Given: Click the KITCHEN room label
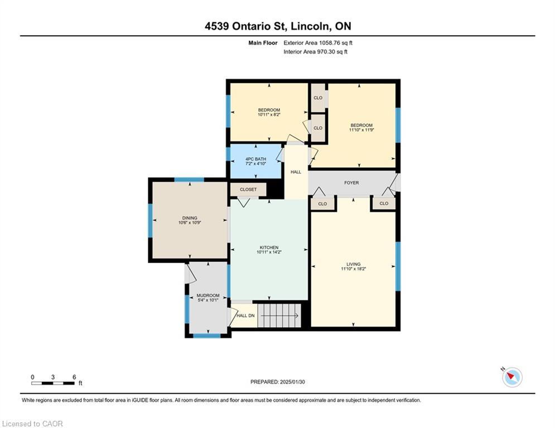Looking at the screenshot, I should click(x=268, y=247).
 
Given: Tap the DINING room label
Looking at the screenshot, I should click(x=189, y=218).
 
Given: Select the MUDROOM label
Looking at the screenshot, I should click(x=207, y=295).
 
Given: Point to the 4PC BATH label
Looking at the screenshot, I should click(x=255, y=159).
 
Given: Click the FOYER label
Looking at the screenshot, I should click(x=351, y=183).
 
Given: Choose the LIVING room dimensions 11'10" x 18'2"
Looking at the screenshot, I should click(x=353, y=269).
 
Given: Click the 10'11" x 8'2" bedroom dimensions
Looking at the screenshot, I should click(x=269, y=115).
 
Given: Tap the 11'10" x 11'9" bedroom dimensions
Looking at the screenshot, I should click(x=361, y=130).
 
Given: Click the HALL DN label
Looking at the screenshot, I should click(x=245, y=315).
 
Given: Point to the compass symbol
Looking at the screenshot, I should click(x=511, y=377).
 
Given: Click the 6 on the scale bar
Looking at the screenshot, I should click(x=74, y=377).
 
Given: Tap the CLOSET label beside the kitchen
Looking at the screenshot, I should click(x=248, y=189).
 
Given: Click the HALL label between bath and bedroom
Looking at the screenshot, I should click(x=296, y=172).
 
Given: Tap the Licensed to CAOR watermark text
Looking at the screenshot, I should click(x=32, y=424).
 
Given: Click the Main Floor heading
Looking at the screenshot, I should click(x=263, y=42).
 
